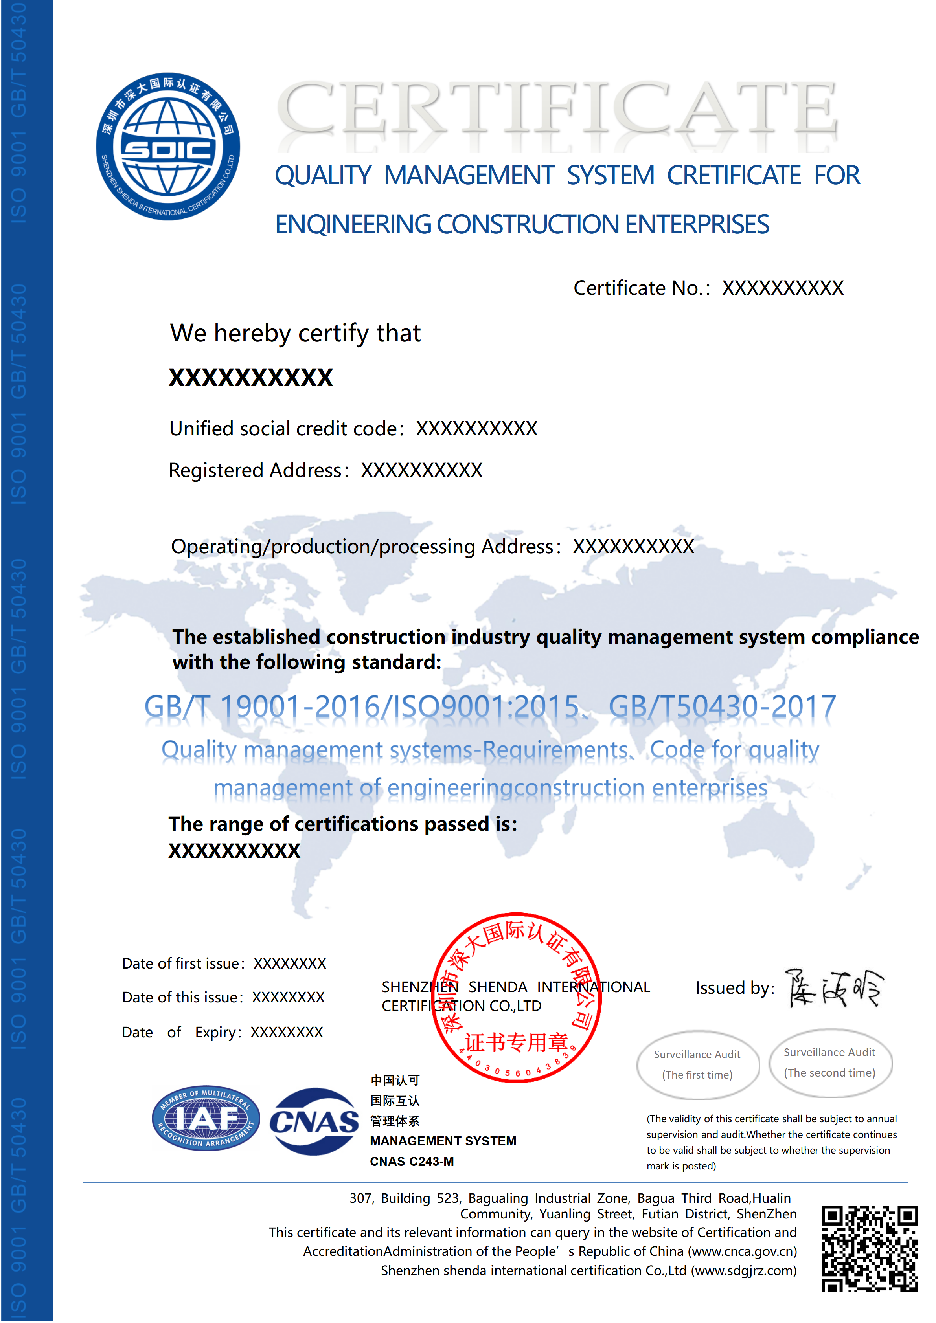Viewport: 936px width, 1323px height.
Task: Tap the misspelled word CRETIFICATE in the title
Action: tap(734, 175)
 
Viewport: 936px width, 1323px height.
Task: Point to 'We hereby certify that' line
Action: tap(295, 333)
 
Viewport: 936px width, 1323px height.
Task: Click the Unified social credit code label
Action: tap(283, 429)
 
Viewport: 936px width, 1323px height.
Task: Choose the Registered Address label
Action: tap(257, 471)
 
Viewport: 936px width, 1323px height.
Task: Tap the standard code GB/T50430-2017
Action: tap(722, 706)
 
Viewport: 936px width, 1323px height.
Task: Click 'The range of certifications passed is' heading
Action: tap(342, 824)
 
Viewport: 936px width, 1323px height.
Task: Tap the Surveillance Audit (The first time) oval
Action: tap(697, 1064)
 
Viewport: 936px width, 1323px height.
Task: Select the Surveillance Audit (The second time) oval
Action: tap(830, 1062)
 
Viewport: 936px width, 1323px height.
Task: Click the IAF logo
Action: tap(206, 1118)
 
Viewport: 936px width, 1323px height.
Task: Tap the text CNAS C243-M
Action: tap(412, 1162)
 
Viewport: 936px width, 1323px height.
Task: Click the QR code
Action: tap(869, 1248)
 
